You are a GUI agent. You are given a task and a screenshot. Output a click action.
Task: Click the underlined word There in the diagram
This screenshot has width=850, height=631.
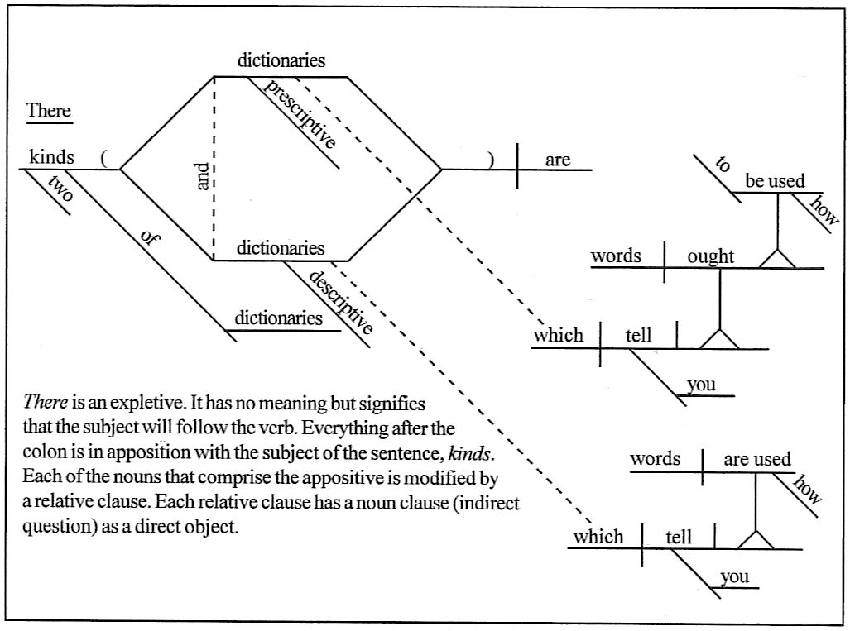click(49, 111)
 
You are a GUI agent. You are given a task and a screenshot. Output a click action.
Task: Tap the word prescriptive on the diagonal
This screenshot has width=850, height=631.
click(300, 115)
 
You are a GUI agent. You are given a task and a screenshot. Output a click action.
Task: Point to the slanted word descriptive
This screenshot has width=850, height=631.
click(340, 300)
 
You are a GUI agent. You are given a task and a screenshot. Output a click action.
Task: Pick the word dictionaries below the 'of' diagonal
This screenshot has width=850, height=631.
click(279, 318)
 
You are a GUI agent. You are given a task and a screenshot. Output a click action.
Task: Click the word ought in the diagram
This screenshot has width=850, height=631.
click(710, 256)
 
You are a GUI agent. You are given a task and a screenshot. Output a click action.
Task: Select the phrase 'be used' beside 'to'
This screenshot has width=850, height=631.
click(775, 181)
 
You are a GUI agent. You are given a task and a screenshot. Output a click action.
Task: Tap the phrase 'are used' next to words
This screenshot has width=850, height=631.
click(757, 459)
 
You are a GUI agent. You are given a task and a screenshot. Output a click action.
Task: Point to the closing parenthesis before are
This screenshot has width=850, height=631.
click(491, 160)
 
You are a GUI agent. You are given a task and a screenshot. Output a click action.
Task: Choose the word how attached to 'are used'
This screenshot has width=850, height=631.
click(809, 490)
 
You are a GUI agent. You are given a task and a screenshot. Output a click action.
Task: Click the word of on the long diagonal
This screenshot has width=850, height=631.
click(149, 237)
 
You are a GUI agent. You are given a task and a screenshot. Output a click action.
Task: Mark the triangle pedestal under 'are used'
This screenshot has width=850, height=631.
click(755, 538)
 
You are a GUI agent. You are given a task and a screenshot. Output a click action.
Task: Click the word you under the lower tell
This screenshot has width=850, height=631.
click(735, 576)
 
